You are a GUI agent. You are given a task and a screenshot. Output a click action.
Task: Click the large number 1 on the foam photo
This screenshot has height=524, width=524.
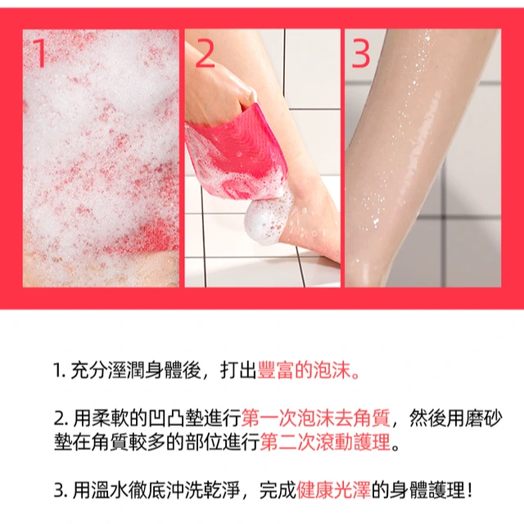click(40, 52)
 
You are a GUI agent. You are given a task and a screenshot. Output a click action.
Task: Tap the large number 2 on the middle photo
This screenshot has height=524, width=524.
click(204, 52)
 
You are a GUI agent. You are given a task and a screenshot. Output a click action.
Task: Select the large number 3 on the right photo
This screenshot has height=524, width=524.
click(360, 52)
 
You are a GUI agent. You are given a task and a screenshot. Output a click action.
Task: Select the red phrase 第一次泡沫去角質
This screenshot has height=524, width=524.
click(315, 418)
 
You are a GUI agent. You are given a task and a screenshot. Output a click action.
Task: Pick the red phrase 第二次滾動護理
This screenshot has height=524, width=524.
click(325, 442)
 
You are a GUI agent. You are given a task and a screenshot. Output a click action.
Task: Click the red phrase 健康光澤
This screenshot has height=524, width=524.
click(333, 490)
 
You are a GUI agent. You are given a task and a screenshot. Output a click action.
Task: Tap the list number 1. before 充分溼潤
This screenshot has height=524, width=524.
click(60, 371)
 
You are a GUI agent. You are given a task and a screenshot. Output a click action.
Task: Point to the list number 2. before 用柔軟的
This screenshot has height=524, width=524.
click(61, 418)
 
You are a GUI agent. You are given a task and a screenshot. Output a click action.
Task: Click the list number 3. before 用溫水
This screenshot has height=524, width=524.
click(61, 491)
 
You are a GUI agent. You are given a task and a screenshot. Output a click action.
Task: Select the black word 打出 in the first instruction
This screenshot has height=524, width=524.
click(238, 370)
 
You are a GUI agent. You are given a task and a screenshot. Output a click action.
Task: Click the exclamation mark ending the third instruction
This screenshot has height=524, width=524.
click(470, 490)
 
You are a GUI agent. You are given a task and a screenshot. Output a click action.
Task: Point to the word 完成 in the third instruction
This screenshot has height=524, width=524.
click(278, 490)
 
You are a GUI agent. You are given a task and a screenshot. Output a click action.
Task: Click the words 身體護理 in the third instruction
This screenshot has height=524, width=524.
click(427, 490)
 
